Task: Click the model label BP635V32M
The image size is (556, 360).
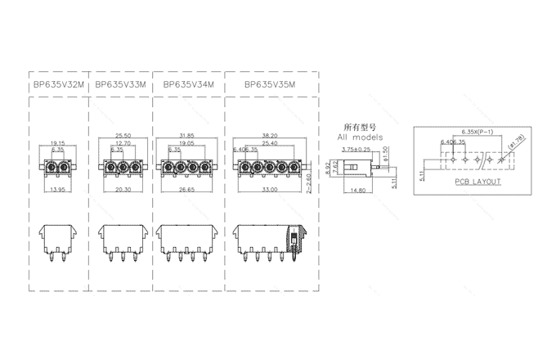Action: pyautogui.click(x=57, y=84)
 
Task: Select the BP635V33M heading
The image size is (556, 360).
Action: pyautogui.click(x=120, y=84)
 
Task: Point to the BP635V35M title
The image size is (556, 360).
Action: pyautogui.click(x=270, y=84)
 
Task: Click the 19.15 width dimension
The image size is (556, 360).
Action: pyautogui.click(x=57, y=144)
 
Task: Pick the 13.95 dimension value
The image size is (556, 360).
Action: pyautogui.click(x=57, y=189)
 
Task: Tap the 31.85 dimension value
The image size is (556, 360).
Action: pyautogui.click(x=187, y=136)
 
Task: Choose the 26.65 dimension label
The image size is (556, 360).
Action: pyautogui.click(x=187, y=189)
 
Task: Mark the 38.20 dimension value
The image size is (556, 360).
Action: pyautogui.click(x=269, y=136)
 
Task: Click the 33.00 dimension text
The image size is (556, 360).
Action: pyautogui.click(x=269, y=189)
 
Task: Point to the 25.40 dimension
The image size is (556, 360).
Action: pyautogui.click(x=269, y=143)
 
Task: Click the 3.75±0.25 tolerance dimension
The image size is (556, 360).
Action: pyautogui.click(x=356, y=149)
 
